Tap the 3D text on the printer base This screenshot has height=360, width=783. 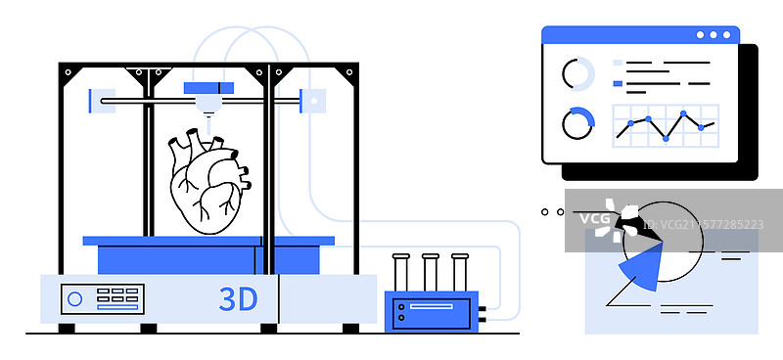(x=238, y=299)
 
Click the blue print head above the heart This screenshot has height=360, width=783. (x=208, y=88)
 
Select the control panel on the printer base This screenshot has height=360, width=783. (x=102, y=298)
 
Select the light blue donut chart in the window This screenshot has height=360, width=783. (x=577, y=74)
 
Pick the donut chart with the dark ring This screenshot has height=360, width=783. (x=577, y=124)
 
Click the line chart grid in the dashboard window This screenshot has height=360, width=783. (x=666, y=125)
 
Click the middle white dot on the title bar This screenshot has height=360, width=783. (x=714, y=35)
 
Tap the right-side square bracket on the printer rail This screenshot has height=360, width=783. (x=312, y=100)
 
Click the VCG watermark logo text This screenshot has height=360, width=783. (x=593, y=218)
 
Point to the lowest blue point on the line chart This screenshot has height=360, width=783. (x=666, y=139)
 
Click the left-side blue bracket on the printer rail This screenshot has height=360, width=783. (x=94, y=100)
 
